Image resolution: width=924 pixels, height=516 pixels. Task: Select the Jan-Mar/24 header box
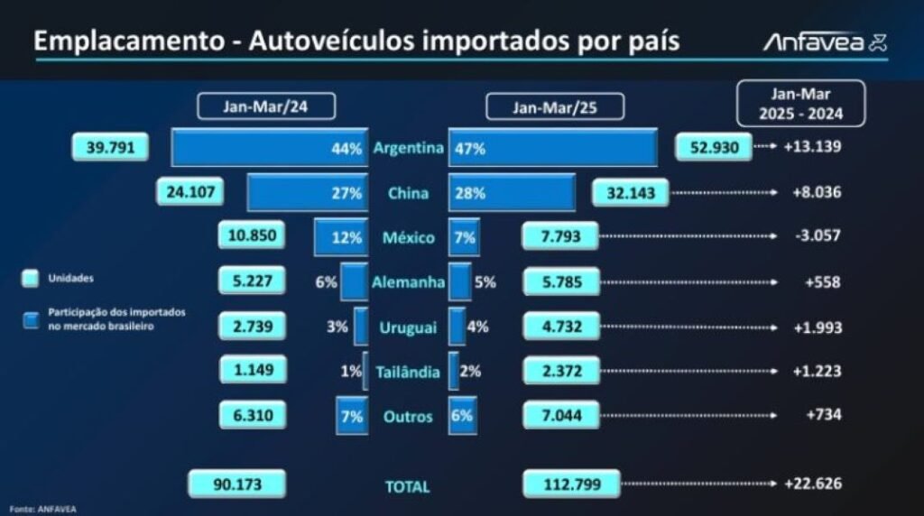266,106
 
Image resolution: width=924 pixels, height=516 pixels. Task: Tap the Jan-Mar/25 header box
555,107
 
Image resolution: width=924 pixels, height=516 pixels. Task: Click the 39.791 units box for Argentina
109,147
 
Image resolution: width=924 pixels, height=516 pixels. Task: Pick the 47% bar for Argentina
553,148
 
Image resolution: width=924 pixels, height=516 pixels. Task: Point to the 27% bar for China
307,193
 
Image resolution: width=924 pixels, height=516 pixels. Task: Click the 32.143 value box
631,193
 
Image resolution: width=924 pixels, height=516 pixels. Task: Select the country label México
408,238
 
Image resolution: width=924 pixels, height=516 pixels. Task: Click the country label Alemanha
408,282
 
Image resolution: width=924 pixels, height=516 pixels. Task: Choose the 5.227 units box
252,281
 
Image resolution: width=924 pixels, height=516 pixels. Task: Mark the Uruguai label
408,327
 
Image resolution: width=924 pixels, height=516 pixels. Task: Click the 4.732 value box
560,327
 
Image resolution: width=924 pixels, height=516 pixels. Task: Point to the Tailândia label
408,372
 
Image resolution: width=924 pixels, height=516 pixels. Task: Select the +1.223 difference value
816,371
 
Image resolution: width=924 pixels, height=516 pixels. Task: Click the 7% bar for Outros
351,416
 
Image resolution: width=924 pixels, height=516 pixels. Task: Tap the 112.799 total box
571,484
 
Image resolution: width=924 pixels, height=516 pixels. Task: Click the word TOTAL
408,486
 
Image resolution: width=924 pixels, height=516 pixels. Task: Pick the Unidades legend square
31,279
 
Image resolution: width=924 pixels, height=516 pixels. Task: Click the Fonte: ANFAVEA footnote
38,509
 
